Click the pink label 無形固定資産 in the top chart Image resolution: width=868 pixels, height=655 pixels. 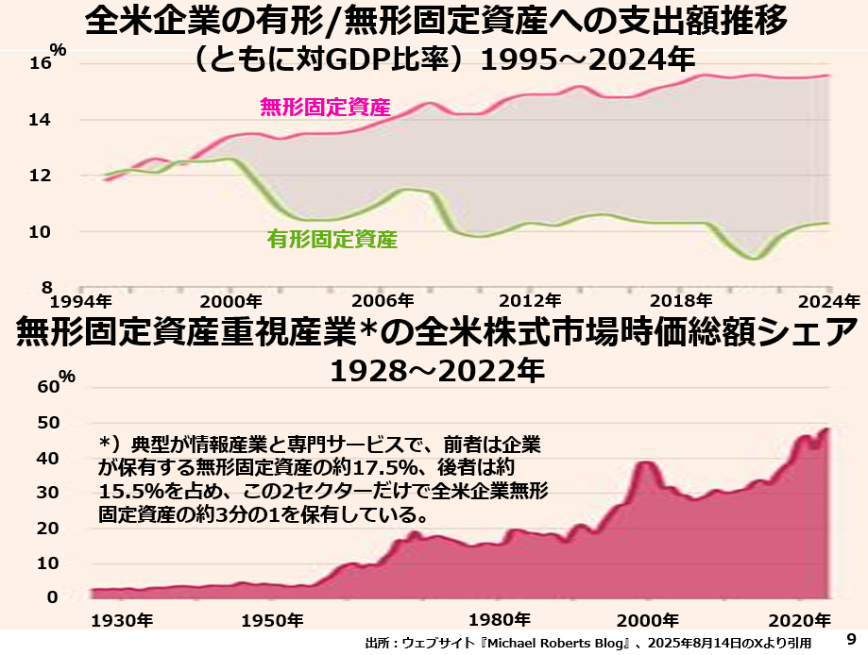point(324,107)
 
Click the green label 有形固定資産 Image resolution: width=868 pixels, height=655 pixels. point(332,240)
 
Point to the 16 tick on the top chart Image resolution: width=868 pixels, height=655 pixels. point(41,64)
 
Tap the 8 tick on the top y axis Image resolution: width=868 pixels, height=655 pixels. point(45,287)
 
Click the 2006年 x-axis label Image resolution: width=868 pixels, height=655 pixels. point(382,302)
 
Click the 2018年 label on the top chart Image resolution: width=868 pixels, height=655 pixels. point(681,302)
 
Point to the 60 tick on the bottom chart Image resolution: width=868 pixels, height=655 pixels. point(47,386)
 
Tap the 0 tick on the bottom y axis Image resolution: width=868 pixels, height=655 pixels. point(53,597)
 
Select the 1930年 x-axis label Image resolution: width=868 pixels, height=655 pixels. point(121,621)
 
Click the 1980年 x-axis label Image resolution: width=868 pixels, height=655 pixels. point(499,621)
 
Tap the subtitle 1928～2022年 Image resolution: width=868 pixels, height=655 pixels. point(436,371)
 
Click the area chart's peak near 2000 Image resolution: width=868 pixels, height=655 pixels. point(648,462)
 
